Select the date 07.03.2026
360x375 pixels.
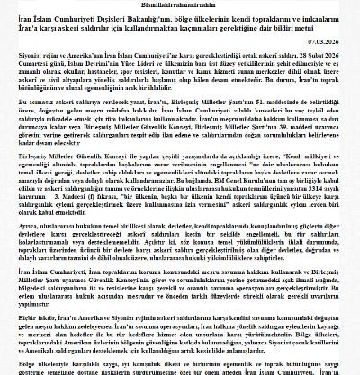coord(335,41)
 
